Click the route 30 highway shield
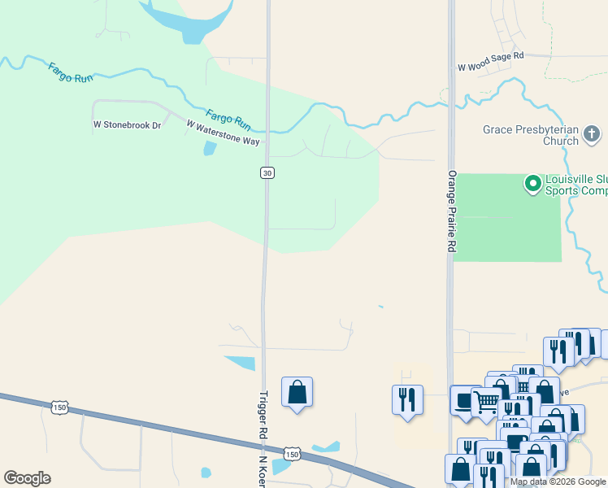[267, 172]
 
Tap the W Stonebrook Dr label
[128, 125]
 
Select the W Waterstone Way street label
[223, 133]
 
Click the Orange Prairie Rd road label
[451, 211]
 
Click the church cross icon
[592, 134]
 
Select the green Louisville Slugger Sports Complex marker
[533, 184]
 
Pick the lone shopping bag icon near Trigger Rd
[297, 392]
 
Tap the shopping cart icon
[486, 401]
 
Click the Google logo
[27, 478]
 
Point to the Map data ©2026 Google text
[558, 481]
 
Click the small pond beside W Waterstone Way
[209, 149]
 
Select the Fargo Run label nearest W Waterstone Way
[228, 120]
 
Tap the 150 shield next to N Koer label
[293, 452]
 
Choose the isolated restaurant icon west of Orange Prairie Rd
[406, 399]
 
